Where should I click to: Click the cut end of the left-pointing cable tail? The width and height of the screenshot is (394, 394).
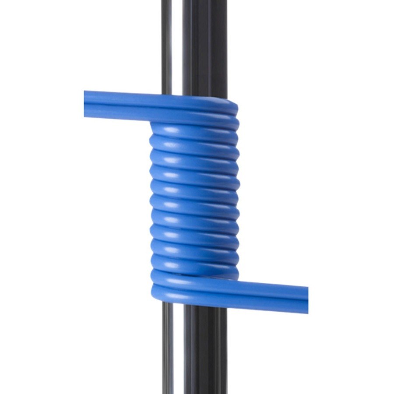[85, 104]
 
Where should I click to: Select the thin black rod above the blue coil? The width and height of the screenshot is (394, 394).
[166, 44]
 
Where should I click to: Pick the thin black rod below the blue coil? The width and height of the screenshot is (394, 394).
[168, 350]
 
